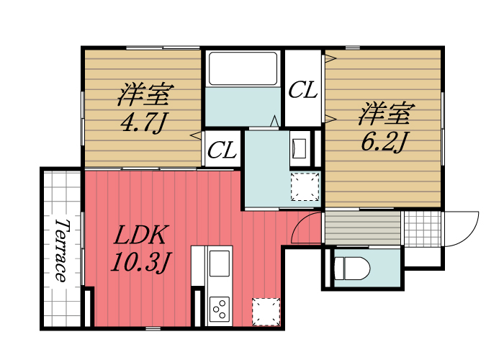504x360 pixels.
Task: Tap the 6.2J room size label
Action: click(385, 140)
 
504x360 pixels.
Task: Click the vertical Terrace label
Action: click(61, 248)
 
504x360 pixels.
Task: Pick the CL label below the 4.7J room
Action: click(222, 150)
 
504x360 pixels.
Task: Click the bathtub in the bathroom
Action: click(243, 69)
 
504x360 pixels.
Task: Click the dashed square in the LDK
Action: click(265, 311)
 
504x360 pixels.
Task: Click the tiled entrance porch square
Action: click(420, 229)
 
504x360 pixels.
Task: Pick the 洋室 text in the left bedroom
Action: click(145, 94)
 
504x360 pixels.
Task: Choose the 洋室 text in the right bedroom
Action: click(386, 113)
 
